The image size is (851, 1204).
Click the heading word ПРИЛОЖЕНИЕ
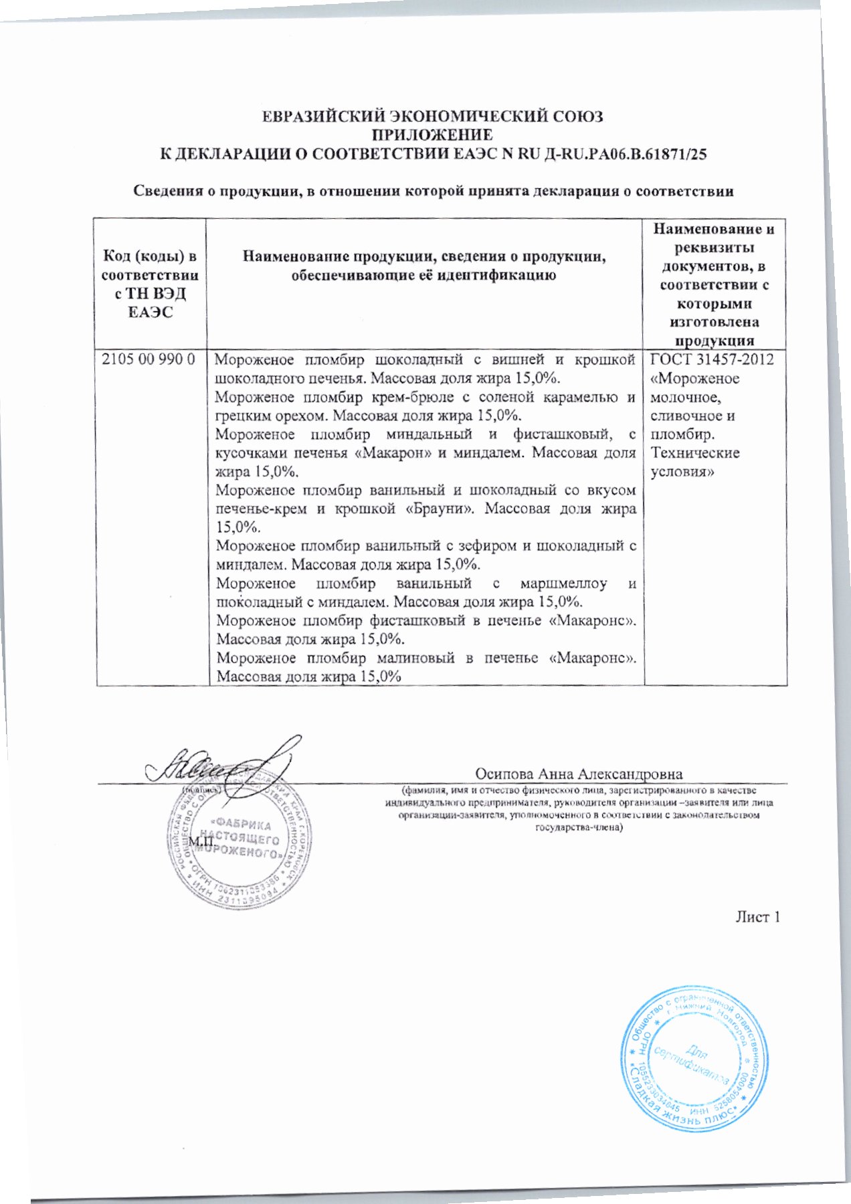point(432,135)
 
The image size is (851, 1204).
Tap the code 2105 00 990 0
point(148,360)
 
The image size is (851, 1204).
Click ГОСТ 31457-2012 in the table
point(712,360)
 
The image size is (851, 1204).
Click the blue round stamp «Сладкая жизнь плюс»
point(692,1065)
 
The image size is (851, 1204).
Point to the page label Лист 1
point(757,917)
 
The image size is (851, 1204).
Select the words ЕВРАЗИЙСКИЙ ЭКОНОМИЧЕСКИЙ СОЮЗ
point(432,116)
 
